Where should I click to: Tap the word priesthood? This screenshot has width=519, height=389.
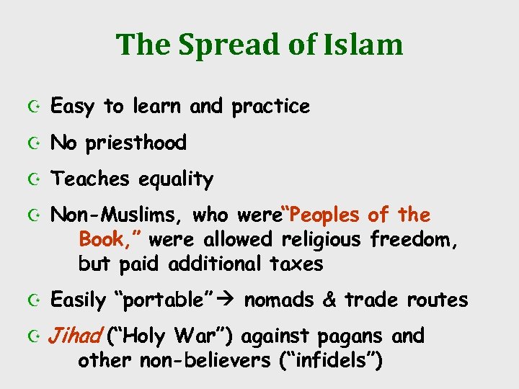(136, 143)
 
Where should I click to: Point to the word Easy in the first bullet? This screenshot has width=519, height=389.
(72, 107)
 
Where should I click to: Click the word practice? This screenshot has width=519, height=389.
(271, 107)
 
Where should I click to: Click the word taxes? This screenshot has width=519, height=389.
(296, 264)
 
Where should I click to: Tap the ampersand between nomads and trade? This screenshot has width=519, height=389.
(329, 300)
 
